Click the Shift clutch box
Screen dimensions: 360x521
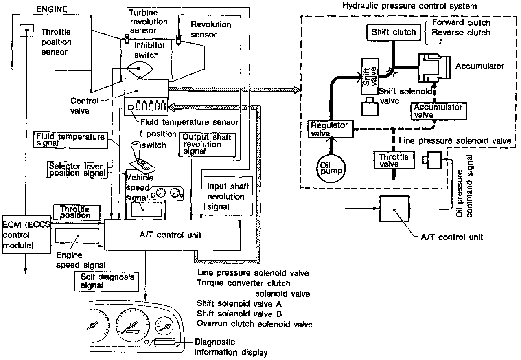tap(393, 32)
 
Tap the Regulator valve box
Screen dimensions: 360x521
tap(330, 129)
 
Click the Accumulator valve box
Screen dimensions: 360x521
tap(438, 111)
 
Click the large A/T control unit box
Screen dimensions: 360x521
tap(173, 235)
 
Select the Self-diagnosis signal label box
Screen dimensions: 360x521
tap(105, 281)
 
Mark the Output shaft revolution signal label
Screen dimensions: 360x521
tap(208, 144)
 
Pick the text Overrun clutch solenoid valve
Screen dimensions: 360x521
tap(254, 324)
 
